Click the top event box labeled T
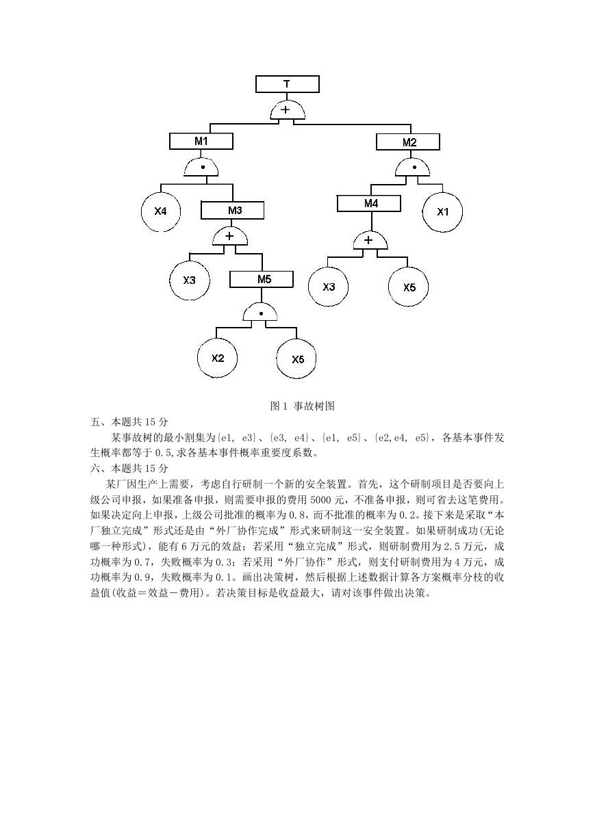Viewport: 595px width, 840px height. (287, 84)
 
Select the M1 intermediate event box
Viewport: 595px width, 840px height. (201, 142)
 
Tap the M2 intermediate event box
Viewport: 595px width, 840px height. (408, 142)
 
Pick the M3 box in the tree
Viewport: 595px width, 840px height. (232, 211)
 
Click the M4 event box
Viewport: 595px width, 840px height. (368, 203)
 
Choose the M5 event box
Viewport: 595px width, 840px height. (262, 279)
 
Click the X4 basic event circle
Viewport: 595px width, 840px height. (161, 211)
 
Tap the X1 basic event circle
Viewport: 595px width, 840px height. (442, 212)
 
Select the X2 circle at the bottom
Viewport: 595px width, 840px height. (217, 358)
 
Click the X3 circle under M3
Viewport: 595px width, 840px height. (190, 280)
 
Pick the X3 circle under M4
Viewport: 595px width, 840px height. (328, 287)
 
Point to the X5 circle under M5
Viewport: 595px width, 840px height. (296, 359)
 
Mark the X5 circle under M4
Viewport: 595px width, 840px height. (408, 287)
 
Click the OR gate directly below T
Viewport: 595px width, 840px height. (288, 111)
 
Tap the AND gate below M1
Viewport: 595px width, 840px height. (201, 168)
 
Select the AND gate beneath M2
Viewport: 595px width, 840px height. (413, 168)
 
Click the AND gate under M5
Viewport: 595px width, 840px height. (260, 313)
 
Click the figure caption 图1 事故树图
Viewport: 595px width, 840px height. (302, 406)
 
